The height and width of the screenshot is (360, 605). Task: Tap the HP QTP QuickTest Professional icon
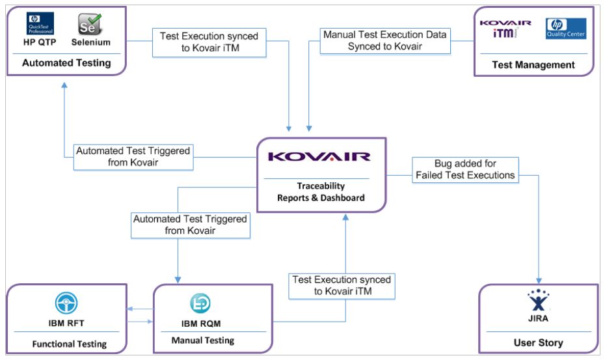coord(40,23)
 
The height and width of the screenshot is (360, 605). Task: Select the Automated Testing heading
coord(66,63)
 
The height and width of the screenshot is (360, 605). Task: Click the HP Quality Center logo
coord(566,29)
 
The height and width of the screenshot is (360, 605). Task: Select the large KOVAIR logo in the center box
coord(320,157)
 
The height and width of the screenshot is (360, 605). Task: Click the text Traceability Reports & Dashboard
coord(321,192)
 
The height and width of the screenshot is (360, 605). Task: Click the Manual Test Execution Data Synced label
coord(385,40)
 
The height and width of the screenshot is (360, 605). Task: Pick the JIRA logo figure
coord(538,301)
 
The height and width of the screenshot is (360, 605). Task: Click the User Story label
coord(537,342)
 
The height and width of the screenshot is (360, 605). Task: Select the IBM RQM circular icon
coord(200,304)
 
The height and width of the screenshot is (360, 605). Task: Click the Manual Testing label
coord(202,340)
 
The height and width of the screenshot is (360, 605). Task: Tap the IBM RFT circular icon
coord(66,303)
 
